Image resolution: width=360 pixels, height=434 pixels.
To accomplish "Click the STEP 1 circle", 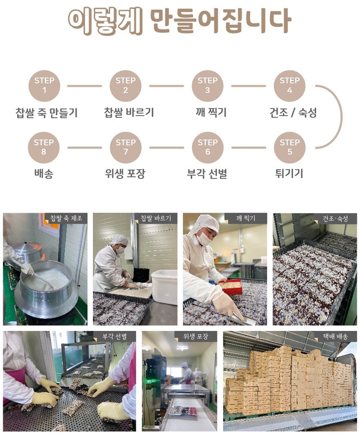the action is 44,86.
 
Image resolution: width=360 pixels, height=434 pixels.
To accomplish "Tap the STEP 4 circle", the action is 289,86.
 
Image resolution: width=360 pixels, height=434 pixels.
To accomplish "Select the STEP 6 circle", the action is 207,147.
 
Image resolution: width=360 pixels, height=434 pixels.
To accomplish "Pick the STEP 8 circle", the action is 44,147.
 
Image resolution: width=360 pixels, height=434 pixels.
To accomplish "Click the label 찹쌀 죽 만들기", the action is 47,113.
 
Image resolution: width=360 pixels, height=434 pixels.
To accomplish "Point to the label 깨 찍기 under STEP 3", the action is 211,112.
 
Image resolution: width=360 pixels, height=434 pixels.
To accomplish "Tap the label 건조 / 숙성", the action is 293,113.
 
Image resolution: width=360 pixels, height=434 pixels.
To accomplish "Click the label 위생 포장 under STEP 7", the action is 125,174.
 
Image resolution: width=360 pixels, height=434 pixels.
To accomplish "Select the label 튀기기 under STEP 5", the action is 289,173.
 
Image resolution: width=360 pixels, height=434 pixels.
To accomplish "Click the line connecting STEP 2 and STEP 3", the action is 166,86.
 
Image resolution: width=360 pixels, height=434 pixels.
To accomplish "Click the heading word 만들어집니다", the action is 220,21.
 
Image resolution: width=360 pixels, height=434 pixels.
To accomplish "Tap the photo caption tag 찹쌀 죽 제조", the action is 66,218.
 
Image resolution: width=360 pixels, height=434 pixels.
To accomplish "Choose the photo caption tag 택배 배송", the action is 336,336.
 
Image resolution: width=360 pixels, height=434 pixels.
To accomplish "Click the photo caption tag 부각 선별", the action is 115,336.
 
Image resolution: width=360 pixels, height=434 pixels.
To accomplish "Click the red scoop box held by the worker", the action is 230,287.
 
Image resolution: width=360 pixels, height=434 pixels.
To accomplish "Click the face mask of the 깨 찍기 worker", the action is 204,238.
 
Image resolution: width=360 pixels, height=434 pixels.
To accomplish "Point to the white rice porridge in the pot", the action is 46,279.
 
